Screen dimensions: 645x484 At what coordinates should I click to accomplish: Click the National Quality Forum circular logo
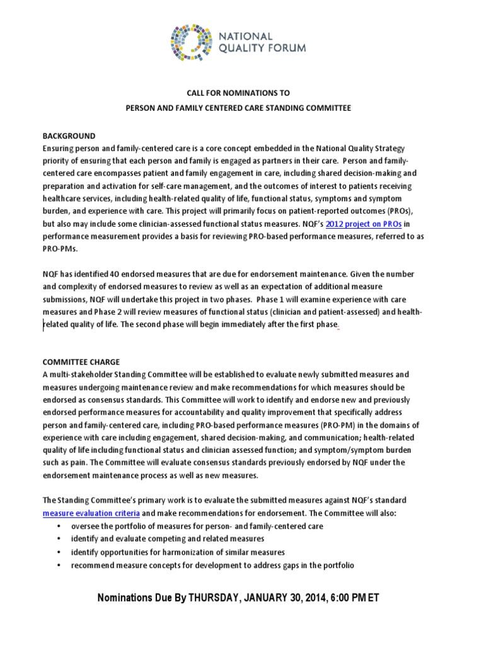coord(192,42)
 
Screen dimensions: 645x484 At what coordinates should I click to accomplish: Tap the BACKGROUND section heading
coord(69,136)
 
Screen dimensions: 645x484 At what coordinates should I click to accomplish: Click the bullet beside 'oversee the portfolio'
coord(59,526)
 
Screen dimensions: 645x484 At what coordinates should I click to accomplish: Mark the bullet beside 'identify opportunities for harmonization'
coord(59,552)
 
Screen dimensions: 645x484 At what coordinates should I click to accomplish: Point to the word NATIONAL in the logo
coord(245,37)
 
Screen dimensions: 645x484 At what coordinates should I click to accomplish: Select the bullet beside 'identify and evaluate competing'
coord(59,539)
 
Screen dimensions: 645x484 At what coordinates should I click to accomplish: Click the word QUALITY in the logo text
coord(245,47)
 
